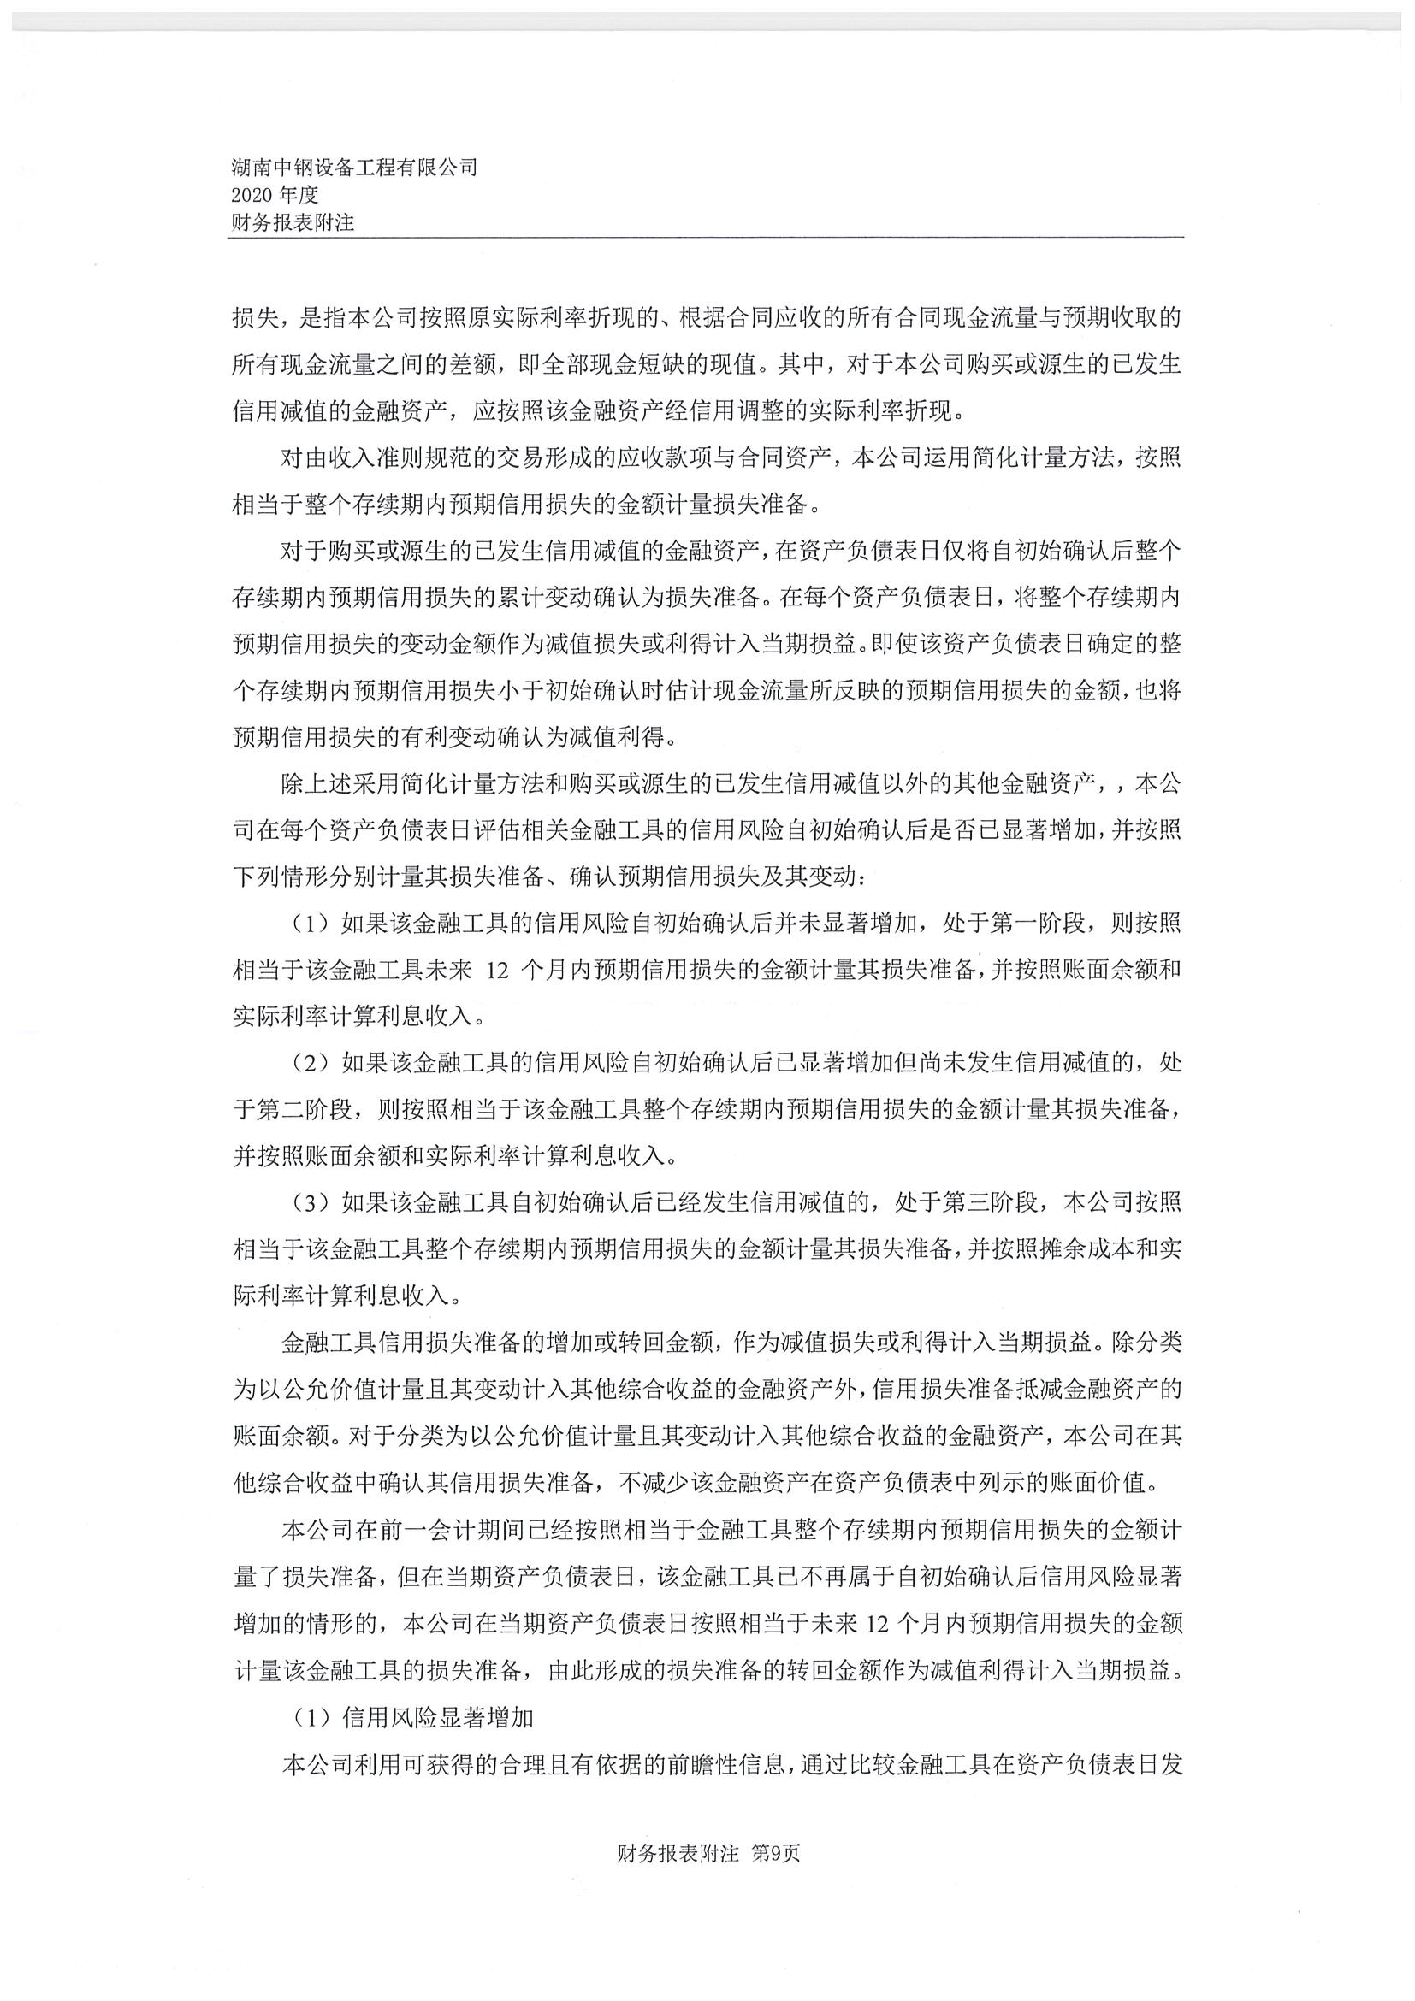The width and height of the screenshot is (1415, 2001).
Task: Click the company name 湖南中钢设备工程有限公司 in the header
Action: (354, 168)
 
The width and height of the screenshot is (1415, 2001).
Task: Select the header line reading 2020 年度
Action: (275, 195)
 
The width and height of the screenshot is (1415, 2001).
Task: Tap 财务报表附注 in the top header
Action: (293, 223)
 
